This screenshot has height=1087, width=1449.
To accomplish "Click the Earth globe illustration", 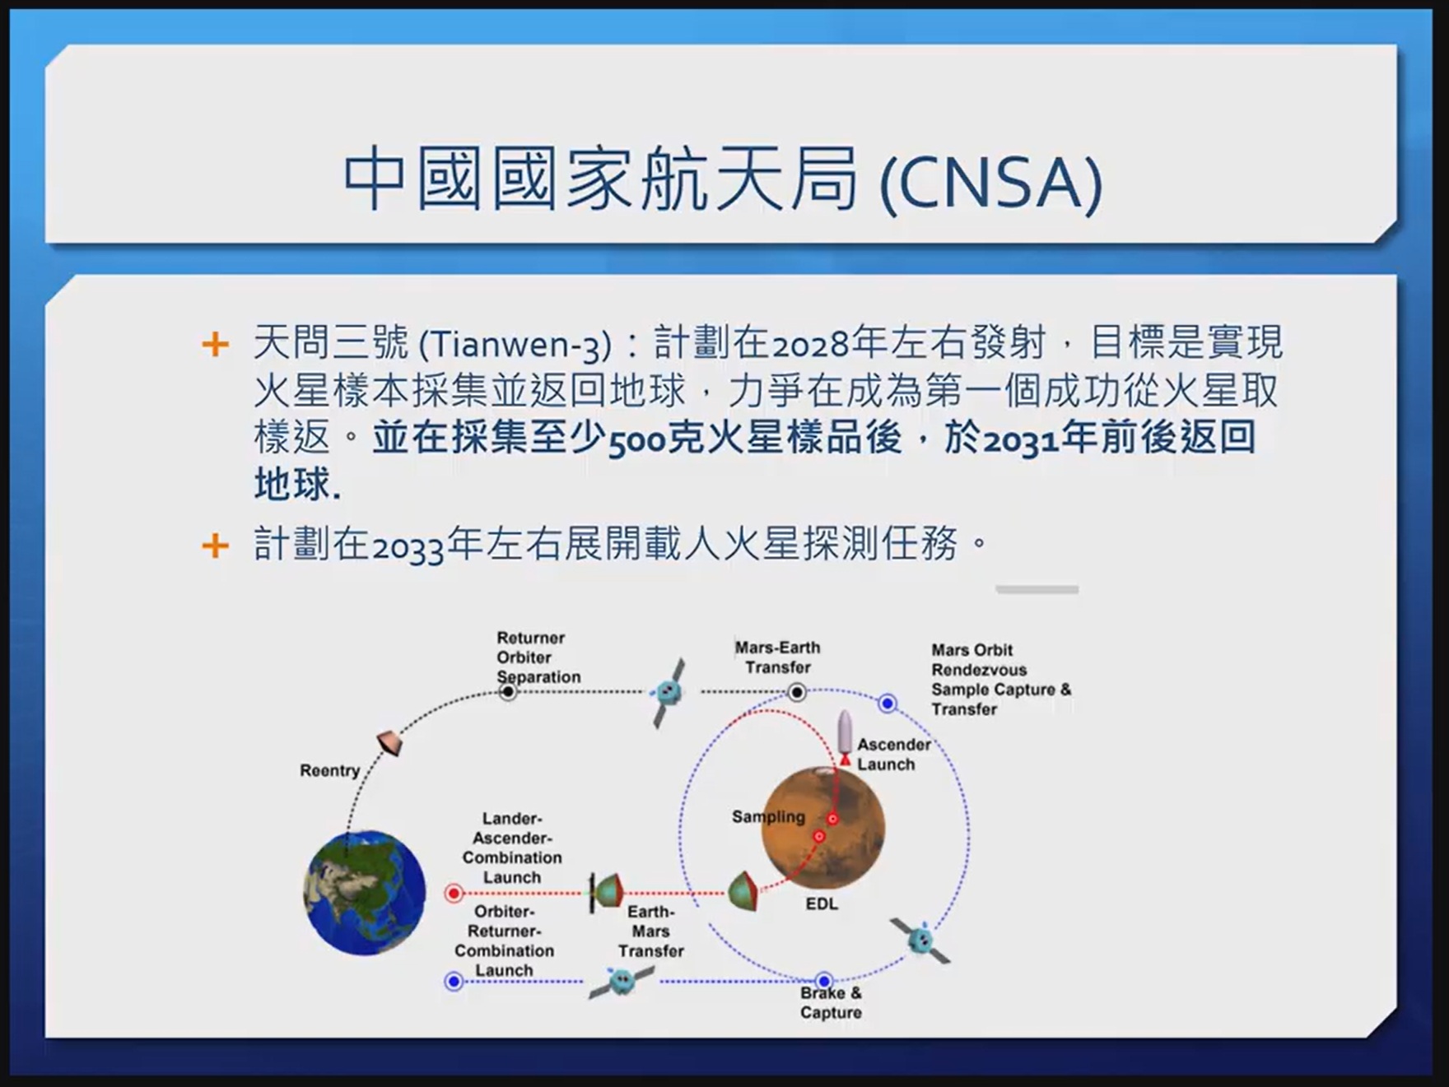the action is (365, 893).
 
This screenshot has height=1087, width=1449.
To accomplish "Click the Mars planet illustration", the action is (823, 828).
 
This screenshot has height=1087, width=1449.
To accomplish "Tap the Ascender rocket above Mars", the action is (845, 737).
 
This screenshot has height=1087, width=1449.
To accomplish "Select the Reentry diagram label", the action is (329, 771).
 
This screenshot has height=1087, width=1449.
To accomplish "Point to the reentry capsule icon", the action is (390, 742).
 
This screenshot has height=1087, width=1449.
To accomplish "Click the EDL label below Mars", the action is (822, 904).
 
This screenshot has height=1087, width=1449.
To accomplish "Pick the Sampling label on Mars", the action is (768, 816).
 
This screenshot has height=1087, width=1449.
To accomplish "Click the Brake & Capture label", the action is (831, 1002).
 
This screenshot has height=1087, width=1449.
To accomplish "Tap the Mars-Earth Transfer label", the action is (778, 657).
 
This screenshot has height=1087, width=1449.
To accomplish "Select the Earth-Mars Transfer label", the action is (651, 931).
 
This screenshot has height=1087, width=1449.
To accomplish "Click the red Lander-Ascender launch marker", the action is (454, 893).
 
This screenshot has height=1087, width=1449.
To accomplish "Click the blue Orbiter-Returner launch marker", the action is (454, 982).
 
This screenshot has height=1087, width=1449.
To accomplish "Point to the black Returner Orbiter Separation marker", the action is (509, 692).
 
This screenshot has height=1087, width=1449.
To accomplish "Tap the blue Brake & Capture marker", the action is (824, 981).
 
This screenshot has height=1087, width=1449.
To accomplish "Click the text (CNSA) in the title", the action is (991, 182).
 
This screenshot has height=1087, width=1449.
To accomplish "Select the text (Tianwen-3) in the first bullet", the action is (515, 344).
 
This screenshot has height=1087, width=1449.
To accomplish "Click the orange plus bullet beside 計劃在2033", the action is (215, 546).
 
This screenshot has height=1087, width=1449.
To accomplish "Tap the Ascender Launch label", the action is (894, 755).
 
